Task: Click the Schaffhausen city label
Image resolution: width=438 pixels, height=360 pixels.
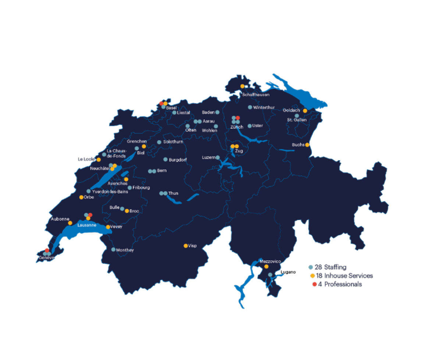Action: point(256,95)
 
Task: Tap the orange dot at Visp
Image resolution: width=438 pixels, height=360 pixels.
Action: point(186,246)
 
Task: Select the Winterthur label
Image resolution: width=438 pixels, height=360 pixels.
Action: point(264,107)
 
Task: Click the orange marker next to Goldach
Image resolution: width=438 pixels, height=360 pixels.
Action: point(305,111)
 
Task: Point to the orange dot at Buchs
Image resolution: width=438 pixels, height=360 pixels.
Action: point(307,145)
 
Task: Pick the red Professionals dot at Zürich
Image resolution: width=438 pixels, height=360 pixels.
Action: point(238,118)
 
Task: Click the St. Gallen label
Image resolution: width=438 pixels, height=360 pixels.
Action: point(297,120)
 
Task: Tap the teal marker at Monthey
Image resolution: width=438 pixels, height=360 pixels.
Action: point(113,249)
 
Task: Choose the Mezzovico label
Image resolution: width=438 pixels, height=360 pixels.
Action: point(270,261)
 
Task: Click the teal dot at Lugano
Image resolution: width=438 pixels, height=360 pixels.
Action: point(270,275)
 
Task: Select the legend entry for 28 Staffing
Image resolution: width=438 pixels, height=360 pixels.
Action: point(330,267)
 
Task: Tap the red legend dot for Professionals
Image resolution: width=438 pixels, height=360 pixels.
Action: point(314,284)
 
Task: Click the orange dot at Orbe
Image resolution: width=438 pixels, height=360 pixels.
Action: point(81,197)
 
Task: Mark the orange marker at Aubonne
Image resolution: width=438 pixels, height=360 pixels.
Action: point(70,223)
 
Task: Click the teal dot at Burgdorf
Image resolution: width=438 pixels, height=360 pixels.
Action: point(165,159)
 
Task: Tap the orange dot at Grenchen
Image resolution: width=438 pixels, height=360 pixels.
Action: point(144,146)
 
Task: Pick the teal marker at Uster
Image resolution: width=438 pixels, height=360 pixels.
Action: point(250,126)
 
